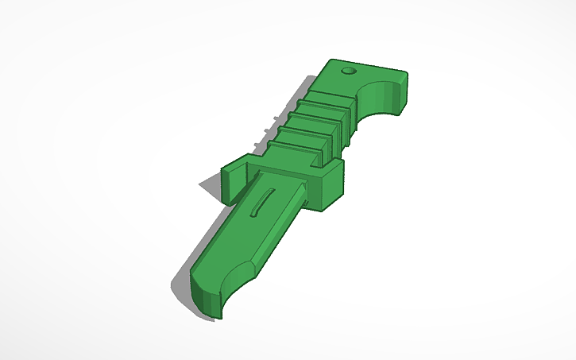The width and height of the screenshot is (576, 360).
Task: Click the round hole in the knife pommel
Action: pyautogui.click(x=347, y=72)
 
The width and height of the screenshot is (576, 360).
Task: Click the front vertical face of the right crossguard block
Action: pyautogui.click(x=334, y=191)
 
